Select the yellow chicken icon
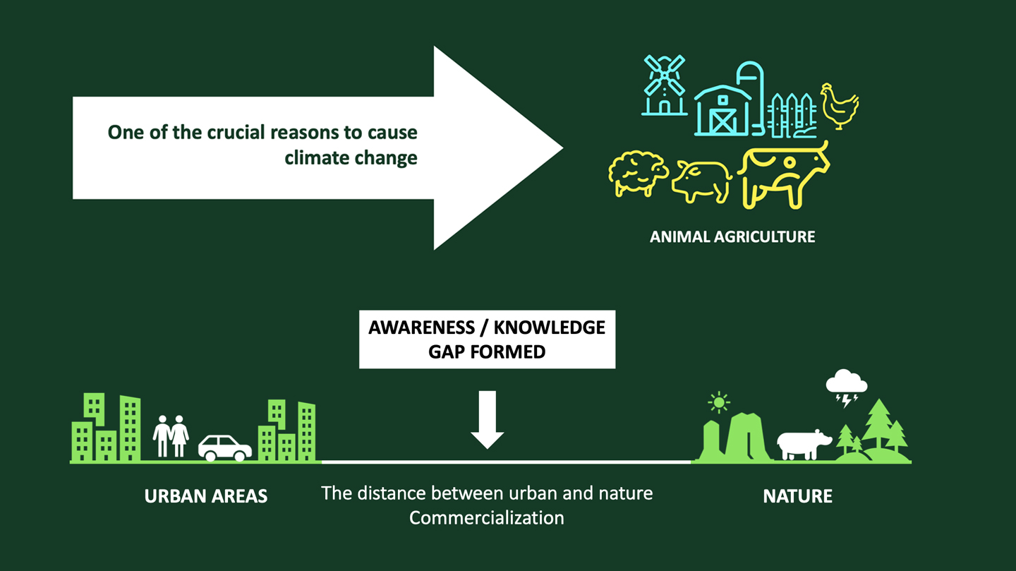coord(840,107)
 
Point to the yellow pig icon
coord(702,179)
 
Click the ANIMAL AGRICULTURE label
coord(732,236)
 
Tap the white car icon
coord(224,447)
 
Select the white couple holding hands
coord(171,435)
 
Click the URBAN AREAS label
coord(206,495)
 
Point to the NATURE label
coord(797,496)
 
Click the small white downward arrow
coord(487,420)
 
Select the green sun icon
coord(718,403)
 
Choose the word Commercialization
coord(487,517)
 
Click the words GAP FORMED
coord(487,351)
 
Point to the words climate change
coord(351,157)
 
